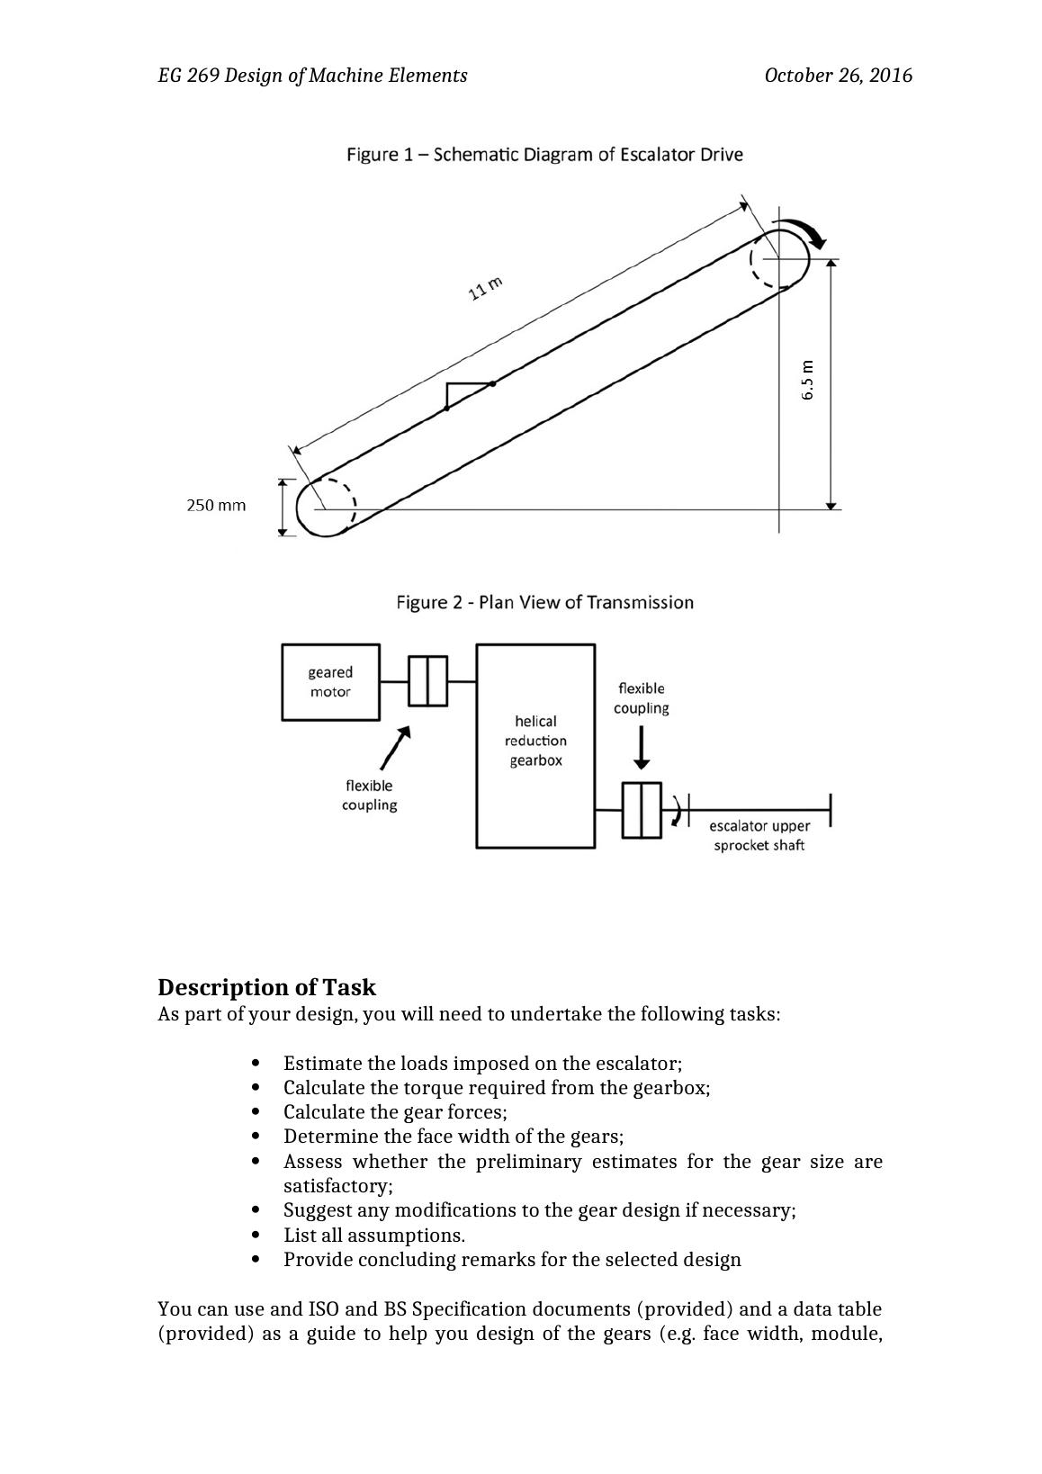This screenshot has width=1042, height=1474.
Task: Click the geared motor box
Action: [330, 682]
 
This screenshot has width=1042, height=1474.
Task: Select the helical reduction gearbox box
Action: [535, 745]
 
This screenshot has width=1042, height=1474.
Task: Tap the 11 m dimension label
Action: [485, 289]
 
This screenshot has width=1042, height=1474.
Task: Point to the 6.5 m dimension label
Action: [807, 380]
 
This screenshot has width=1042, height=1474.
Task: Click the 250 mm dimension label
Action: [216, 506]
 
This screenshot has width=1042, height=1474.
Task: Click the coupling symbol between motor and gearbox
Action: [427, 682]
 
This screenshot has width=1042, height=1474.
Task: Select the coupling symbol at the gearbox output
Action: [642, 810]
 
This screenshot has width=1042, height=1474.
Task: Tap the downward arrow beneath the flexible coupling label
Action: [641, 749]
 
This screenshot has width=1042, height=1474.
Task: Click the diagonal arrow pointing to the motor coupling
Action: [395, 749]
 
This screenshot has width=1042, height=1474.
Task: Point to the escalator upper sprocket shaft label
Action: [759, 835]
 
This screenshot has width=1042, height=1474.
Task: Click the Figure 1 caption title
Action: [544, 155]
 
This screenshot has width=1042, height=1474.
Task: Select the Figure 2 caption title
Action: [544, 602]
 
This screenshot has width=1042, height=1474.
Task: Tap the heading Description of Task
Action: [266, 987]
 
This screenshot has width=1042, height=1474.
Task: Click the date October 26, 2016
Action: [838, 76]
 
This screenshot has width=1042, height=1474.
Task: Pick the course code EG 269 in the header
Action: [188, 76]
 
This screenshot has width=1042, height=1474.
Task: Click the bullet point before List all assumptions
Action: [257, 1236]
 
